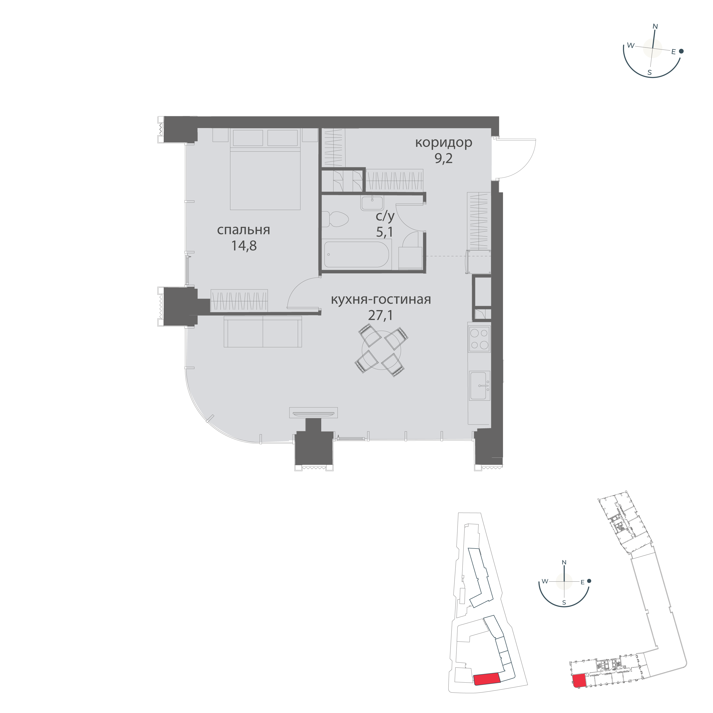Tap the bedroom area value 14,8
click(x=244, y=246)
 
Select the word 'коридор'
click(x=444, y=143)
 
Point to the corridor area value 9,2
click(x=444, y=159)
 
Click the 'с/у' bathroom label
click(x=385, y=216)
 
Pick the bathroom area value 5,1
click(x=385, y=232)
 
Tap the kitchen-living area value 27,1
click(x=381, y=315)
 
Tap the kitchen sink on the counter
click(x=479, y=386)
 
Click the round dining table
click(x=381, y=350)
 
